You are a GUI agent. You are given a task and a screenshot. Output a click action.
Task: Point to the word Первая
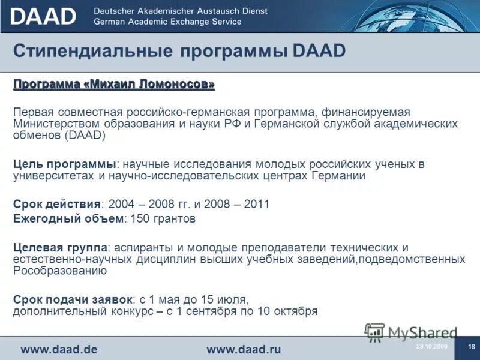pos(33,113)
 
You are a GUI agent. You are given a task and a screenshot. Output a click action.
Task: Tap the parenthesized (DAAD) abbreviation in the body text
pos(86,136)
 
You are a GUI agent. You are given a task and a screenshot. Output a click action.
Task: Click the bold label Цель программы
pos(64,164)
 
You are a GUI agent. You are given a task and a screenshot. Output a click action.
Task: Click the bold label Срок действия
pos(57,204)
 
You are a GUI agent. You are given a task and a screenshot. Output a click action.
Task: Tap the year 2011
pos(256,204)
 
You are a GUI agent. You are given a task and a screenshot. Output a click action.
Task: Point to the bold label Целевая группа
pos(60,247)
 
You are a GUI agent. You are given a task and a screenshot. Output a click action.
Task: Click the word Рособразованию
pos(60,271)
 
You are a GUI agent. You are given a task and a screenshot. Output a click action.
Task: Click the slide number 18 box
pos(471,346)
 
